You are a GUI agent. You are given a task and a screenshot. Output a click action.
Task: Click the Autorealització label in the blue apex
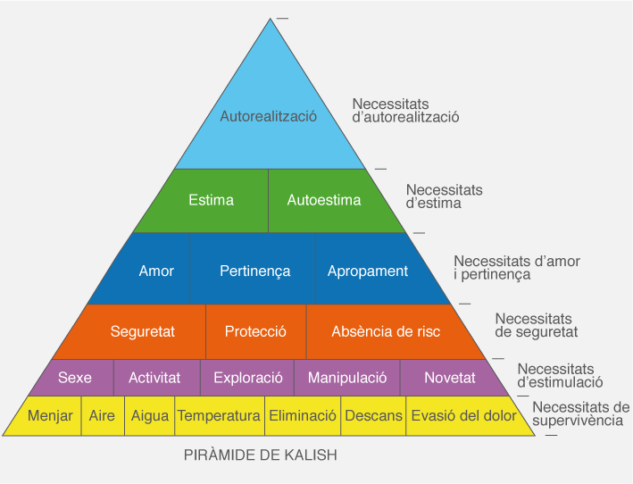click(x=269, y=116)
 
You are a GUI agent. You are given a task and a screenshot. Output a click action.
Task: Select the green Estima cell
click(x=212, y=200)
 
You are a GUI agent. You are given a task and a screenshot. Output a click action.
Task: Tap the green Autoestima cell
click(x=324, y=200)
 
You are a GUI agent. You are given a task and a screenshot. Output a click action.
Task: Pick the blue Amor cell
click(x=156, y=271)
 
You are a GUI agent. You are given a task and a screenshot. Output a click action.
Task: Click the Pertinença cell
click(x=254, y=271)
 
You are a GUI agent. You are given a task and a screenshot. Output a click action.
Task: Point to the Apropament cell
click(x=368, y=271)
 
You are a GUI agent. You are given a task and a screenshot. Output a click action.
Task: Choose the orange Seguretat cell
click(x=143, y=331)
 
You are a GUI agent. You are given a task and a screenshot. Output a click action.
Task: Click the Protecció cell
click(x=255, y=331)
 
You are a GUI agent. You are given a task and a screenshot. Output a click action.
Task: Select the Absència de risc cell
click(x=386, y=331)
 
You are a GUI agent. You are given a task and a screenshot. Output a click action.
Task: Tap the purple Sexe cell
click(x=75, y=378)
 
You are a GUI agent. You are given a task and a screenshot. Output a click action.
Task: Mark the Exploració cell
click(x=248, y=378)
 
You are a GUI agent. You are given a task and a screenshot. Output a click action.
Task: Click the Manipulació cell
click(x=347, y=378)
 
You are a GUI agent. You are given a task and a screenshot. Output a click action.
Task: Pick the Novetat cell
click(x=450, y=378)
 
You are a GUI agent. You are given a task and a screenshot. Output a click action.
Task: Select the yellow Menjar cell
click(x=50, y=416)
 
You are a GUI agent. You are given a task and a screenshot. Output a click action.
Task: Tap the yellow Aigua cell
click(x=149, y=416)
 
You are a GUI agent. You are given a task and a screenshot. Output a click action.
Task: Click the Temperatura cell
click(x=219, y=416)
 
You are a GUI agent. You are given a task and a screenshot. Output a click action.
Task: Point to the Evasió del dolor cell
click(x=462, y=416)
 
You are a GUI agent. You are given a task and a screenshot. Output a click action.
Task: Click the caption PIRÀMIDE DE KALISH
click(x=261, y=455)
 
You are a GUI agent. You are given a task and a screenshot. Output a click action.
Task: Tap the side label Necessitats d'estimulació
click(x=560, y=376)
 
